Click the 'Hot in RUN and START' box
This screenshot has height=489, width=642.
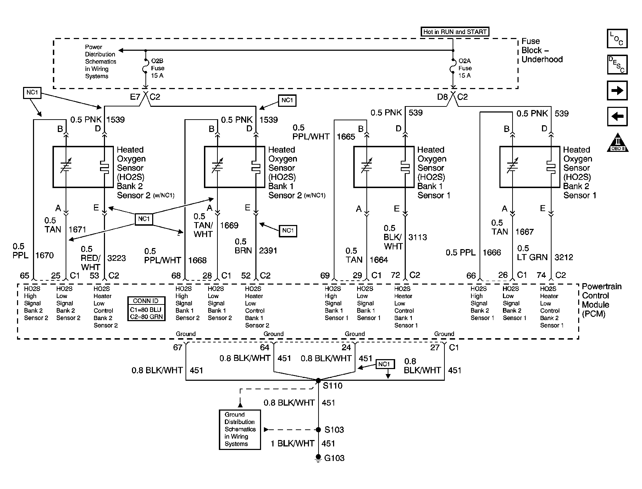(454, 32)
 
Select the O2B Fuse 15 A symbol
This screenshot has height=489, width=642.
(145, 66)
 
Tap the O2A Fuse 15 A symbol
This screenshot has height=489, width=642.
(453, 66)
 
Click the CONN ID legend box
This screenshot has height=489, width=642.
(146, 309)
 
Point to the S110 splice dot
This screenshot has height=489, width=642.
(318, 380)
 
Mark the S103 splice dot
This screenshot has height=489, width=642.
(318, 430)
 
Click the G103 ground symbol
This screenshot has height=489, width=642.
(318, 458)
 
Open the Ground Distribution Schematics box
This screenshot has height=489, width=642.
(240, 429)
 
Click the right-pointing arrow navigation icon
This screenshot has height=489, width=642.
(617, 90)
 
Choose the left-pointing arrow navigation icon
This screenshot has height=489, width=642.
(617, 116)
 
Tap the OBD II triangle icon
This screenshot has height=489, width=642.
(618, 143)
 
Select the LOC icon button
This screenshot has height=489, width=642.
(617, 39)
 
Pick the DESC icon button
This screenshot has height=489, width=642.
(617, 65)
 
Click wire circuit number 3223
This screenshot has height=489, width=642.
(116, 258)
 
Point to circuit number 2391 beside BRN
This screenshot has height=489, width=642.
(268, 251)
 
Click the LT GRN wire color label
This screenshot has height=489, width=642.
(532, 257)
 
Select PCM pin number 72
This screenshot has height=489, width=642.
(395, 275)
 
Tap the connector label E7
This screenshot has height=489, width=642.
(135, 97)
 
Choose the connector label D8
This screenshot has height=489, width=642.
(442, 97)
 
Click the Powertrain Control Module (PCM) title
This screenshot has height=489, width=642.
(602, 300)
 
